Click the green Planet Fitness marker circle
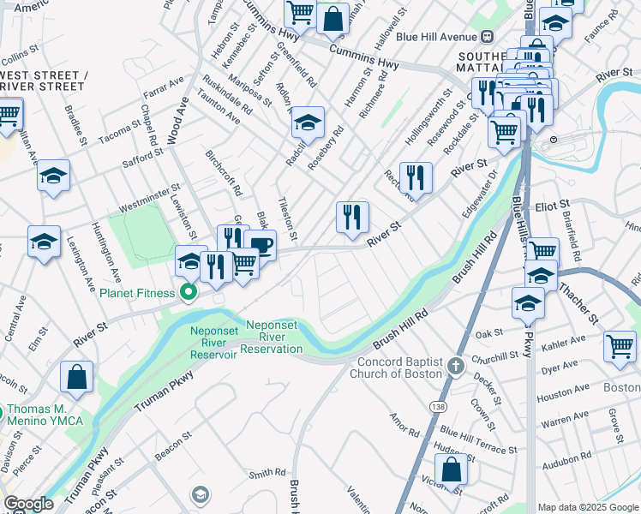(x=186, y=294)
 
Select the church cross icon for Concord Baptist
(x=455, y=367)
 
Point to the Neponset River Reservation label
(x=274, y=337)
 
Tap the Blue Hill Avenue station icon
(x=487, y=36)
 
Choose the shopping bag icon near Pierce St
(x=77, y=376)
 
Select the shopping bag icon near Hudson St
(x=451, y=470)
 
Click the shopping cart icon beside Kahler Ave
(x=620, y=347)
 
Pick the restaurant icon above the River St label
(x=352, y=217)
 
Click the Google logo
(x=28, y=504)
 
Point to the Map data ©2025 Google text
(x=588, y=507)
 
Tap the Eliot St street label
(x=553, y=206)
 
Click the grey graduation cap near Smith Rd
(x=200, y=494)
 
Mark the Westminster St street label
(x=149, y=198)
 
